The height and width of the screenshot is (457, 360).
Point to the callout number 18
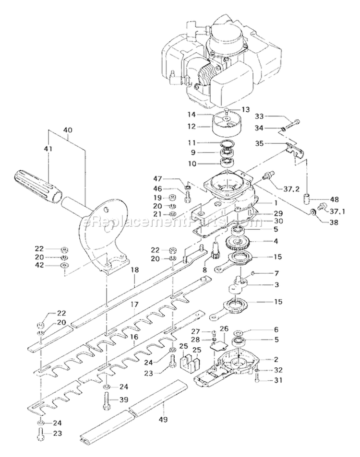(x=134, y=270)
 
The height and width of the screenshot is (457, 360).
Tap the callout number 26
(x=223, y=328)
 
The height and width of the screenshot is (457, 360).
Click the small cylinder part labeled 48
(x=307, y=198)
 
